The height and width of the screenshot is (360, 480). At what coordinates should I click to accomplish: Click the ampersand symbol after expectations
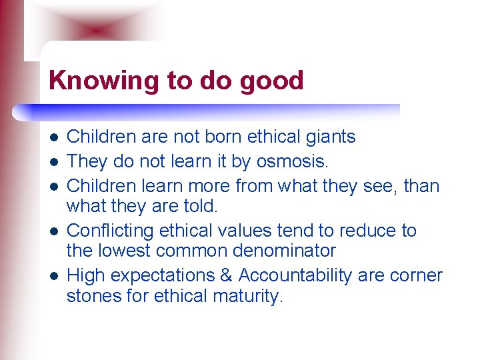click(x=227, y=275)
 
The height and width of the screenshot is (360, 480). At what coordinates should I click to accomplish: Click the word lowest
click(x=128, y=251)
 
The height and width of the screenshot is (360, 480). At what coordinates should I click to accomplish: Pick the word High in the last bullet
click(x=84, y=275)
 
